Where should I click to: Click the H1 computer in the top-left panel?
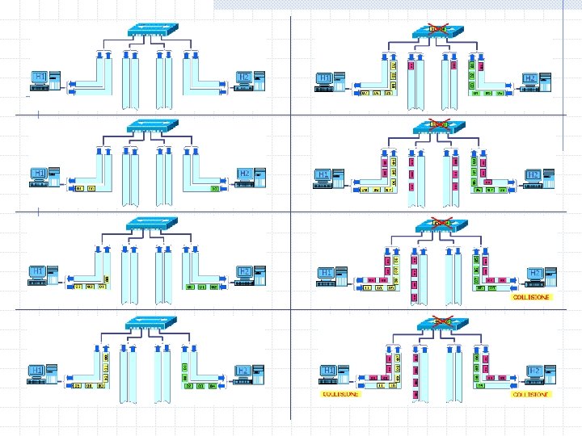[45, 80]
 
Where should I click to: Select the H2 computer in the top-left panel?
[250, 80]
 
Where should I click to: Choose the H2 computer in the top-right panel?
[536, 81]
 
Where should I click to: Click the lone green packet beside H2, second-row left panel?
[216, 189]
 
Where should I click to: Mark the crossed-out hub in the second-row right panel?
[439, 127]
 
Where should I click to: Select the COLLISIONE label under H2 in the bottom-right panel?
[530, 395]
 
